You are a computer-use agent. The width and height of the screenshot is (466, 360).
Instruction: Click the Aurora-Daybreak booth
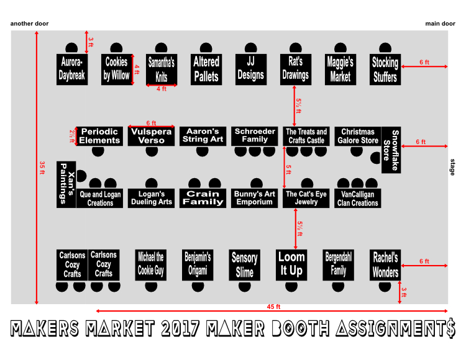pyautogui.click(x=71, y=69)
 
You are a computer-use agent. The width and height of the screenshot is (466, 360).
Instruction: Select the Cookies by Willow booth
pyautogui.click(x=116, y=69)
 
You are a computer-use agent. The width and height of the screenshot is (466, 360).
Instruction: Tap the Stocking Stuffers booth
pyautogui.click(x=385, y=69)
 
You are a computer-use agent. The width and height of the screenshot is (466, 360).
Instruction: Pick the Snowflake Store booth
pyautogui.click(x=390, y=151)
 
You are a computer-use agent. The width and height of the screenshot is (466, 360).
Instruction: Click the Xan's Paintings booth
pyautogui.click(x=66, y=184)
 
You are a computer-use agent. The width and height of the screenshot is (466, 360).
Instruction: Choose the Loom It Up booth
pyautogui.click(x=291, y=264)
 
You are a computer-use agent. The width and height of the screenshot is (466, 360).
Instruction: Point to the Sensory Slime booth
pyautogui.click(x=244, y=264)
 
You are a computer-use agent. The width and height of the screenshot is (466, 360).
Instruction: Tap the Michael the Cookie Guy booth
pyautogui.click(x=151, y=264)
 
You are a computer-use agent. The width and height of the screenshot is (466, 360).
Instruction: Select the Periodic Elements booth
pyautogui.click(x=99, y=136)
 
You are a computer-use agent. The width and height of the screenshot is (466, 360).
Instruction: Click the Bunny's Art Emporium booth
pyautogui.click(x=255, y=198)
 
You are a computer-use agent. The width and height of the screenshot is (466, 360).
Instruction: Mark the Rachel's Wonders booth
pyautogui.click(x=385, y=264)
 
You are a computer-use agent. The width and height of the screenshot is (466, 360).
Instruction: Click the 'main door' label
pyautogui.click(x=440, y=24)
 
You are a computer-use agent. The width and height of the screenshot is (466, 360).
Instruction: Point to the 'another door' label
pyautogui.click(x=29, y=24)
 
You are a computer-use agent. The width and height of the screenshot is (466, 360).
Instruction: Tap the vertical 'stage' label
pyautogui.click(x=452, y=167)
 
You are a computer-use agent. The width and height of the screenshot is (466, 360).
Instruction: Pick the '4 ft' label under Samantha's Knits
pyautogui.click(x=162, y=89)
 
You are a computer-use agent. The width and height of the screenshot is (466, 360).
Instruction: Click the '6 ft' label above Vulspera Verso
pyautogui.click(x=151, y=123)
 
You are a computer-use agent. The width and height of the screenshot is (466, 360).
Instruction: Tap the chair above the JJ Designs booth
pyautogui.click(x=250, y=48)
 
